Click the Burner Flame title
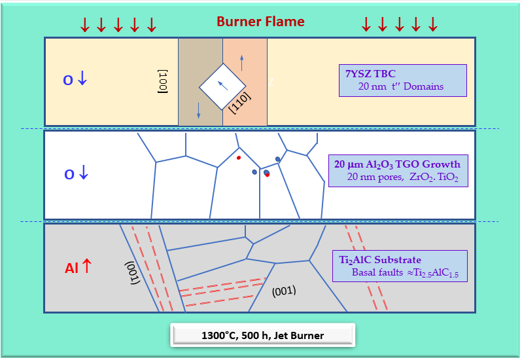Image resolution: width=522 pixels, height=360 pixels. tap(260, 21)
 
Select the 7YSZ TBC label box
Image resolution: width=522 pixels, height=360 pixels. tap(402, 80)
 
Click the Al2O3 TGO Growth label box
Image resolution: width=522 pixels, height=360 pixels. tap(398, 170)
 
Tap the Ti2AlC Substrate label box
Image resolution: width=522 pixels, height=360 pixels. tap(399, 266)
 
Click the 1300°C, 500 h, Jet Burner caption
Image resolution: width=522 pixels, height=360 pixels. tap(262, 336)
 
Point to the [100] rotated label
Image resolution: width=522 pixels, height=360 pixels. tap(164, 81)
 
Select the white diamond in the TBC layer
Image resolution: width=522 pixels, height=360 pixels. tap(222, 86)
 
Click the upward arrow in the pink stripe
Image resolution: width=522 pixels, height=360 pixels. tap(242, 63)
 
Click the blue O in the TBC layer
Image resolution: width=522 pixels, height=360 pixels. tap(67, 81)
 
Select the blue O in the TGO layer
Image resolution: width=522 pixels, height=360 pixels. tap(69, 175)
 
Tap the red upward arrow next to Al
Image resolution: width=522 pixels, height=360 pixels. tap(86, 266)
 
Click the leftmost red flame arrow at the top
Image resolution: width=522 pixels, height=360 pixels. tap(84, 25)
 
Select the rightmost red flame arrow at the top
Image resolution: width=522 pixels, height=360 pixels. tap(432, 25)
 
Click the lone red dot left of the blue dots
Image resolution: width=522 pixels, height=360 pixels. tap(239, 158)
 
